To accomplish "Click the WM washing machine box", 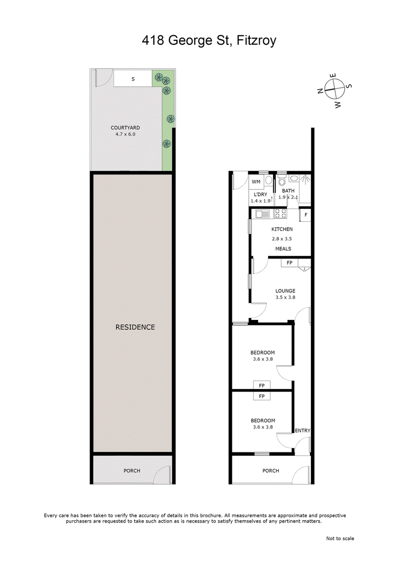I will coord(256,181).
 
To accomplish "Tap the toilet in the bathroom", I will coord(282,180).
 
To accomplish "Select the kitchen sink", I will coord(262,214).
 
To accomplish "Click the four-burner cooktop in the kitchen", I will coord(281,214).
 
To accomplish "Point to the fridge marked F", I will coord(305,215).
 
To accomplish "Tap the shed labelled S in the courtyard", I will coord(133,79).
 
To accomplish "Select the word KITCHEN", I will coord(282,229).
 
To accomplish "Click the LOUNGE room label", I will coord(286,290).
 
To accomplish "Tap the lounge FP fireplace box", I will coord(289,263).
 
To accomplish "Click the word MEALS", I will coord(283,249).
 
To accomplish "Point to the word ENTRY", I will coord(302,430).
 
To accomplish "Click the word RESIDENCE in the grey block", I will coord(135,327).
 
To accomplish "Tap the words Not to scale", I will coord(340,538).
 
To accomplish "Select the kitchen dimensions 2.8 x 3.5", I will coord(282,239).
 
